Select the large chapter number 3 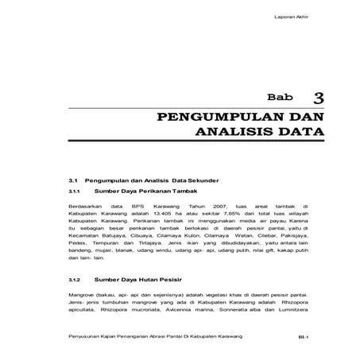point(319,98)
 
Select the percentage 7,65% point(223,214)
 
